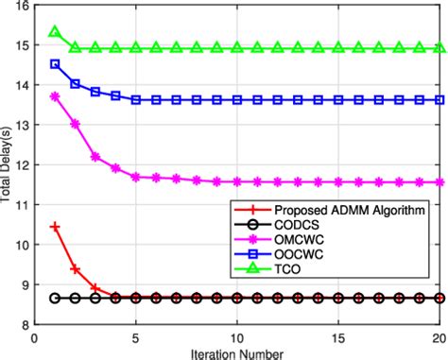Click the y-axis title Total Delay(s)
pos(9,164)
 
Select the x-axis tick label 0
pos(35,335)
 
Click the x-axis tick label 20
pos(439,335)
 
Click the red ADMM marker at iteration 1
pos(55,227)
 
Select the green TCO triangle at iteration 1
pos(55,33)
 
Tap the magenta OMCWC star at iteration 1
pos(55,96)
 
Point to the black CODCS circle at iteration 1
pos(55,298)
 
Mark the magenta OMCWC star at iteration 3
pos(95,157)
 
